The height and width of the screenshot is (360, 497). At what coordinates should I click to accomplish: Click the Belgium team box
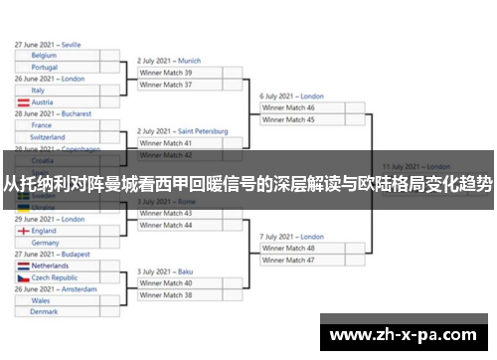tap(58, 56)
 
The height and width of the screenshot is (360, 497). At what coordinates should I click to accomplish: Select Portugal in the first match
tap(58, 68)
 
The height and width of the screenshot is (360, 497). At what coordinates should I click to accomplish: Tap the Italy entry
tap(58, 90)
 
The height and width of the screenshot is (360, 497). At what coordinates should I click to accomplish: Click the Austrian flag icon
tap(22, 102)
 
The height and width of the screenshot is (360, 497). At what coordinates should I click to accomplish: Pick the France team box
tap(58, 125)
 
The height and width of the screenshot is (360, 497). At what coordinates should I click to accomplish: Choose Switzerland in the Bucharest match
tap(58, 137)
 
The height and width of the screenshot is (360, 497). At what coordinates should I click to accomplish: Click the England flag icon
tap(22, 231)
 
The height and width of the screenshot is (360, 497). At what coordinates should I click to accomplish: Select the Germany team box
tap(58, 243)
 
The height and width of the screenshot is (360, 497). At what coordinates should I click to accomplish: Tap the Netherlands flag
tap(22, 267)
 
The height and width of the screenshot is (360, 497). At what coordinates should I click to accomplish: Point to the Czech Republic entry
tap(58, 278)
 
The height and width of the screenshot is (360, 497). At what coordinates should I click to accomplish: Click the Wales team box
tap(58, 300)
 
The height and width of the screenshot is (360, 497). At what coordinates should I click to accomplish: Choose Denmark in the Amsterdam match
tap(58, 312)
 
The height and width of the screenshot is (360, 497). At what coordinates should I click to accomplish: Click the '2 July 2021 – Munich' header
tap(169, 61)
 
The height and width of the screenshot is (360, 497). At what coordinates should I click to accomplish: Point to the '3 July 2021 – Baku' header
tap(165, 271)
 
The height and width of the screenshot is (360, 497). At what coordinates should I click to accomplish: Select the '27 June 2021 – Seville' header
tap(49, 45)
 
